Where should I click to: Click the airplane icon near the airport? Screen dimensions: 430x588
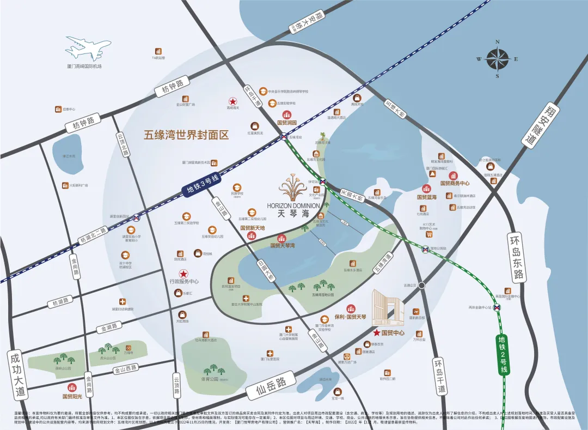(88, 48)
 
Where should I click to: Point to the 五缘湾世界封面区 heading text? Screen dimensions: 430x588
(186, 135)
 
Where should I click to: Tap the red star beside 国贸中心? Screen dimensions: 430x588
(376, 332)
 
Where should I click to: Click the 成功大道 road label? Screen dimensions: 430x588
(17, 374)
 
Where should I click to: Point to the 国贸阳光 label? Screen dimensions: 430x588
(72, 396)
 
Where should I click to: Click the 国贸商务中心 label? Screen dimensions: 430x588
(455, 183)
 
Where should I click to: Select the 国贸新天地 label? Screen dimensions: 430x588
(252, 228)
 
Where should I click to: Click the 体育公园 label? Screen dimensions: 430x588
(209, 379)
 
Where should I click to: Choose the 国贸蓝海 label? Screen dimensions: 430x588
(427, 197)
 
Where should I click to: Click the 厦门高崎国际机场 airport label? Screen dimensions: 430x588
(84, 66)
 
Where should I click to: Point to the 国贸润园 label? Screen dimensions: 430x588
(286, 123)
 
